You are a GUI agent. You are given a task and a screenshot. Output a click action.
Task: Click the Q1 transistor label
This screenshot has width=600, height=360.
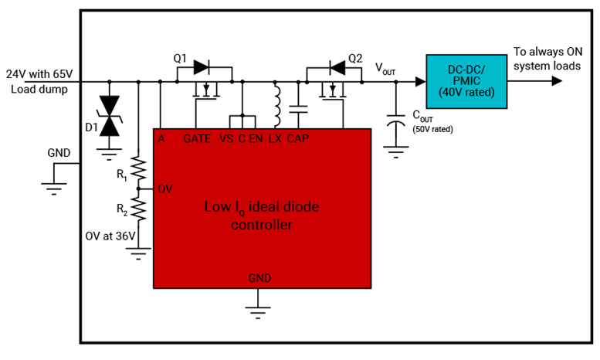click(180, 58)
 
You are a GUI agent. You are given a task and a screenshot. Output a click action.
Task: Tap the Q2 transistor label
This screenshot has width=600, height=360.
click(355, 58)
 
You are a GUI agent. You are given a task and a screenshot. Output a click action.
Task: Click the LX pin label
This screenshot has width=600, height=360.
click(275, 139)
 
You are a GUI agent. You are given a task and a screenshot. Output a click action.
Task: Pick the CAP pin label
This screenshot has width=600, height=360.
click(298, 139)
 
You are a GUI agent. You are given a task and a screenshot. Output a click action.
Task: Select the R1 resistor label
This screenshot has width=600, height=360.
click(122, 175)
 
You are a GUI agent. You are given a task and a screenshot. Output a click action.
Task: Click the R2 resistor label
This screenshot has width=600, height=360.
click(122, 209)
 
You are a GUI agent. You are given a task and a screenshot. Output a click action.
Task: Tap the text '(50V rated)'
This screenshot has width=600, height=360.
click(432, 129)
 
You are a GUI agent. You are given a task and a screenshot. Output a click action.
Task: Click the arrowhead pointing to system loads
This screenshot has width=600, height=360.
click(557, 81)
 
